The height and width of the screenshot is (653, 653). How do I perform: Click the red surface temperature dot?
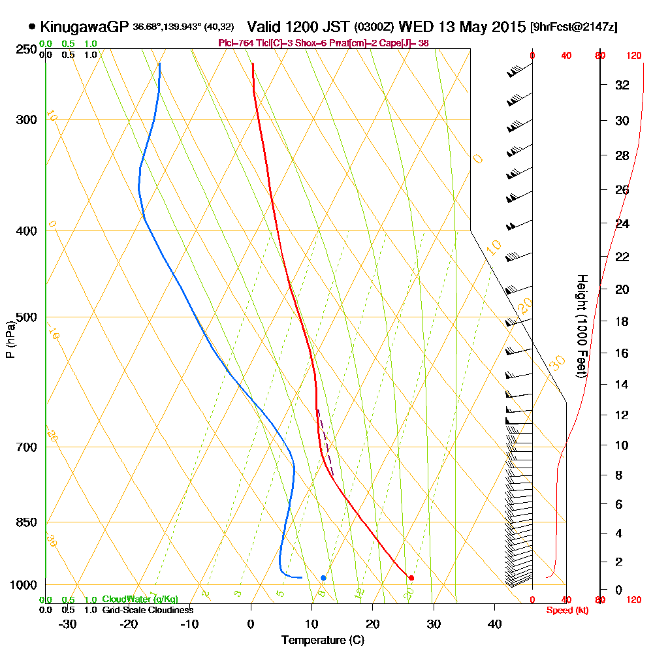click(x=411, y=578)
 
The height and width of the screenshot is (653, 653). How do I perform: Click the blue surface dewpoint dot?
click(x=323, y=578)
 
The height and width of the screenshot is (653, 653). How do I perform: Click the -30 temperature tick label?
click(x=68, y=624)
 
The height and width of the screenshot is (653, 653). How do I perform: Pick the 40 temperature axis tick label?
click(x=494, y=624)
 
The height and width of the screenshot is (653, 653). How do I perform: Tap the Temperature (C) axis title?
click(x=323, y=640)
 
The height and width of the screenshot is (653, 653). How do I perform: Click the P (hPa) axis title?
click(x=10, y=340)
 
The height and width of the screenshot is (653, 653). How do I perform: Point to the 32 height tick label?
click(x=622, y=85)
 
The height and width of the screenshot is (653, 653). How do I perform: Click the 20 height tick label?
click(x=622, y=289)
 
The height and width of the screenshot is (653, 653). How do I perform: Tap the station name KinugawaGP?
click(x=84, y=27)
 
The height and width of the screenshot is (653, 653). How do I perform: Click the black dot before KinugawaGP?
click(x=32, y=27)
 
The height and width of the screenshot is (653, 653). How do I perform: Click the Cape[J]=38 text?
click(x=409, y=43)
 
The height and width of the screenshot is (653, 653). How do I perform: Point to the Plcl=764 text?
click(x=237, y=43)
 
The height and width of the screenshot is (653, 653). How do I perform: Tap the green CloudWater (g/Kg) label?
click(x=140, y=599)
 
